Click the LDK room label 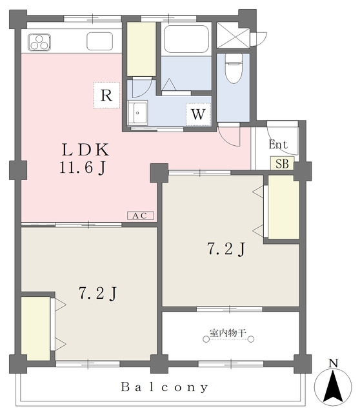[x=85, y=150]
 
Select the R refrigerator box [x=107, y=96]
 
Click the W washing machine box [x=199, y=115]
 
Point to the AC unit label [x=140, y=216]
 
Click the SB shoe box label [x=282, y=163]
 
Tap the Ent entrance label [x=278, y=145]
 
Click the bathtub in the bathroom [x=187, y=39]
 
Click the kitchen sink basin [x=99, y=41]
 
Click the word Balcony [x=165, y=387]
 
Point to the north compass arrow [x=332, y=386]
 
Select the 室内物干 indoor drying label [x=228, y=334]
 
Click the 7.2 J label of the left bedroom [x=97, y=294]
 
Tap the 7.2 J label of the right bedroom [x=225, y=248]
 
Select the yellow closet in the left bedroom [x=36, y=328]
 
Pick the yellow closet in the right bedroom [x=283, y=206]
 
